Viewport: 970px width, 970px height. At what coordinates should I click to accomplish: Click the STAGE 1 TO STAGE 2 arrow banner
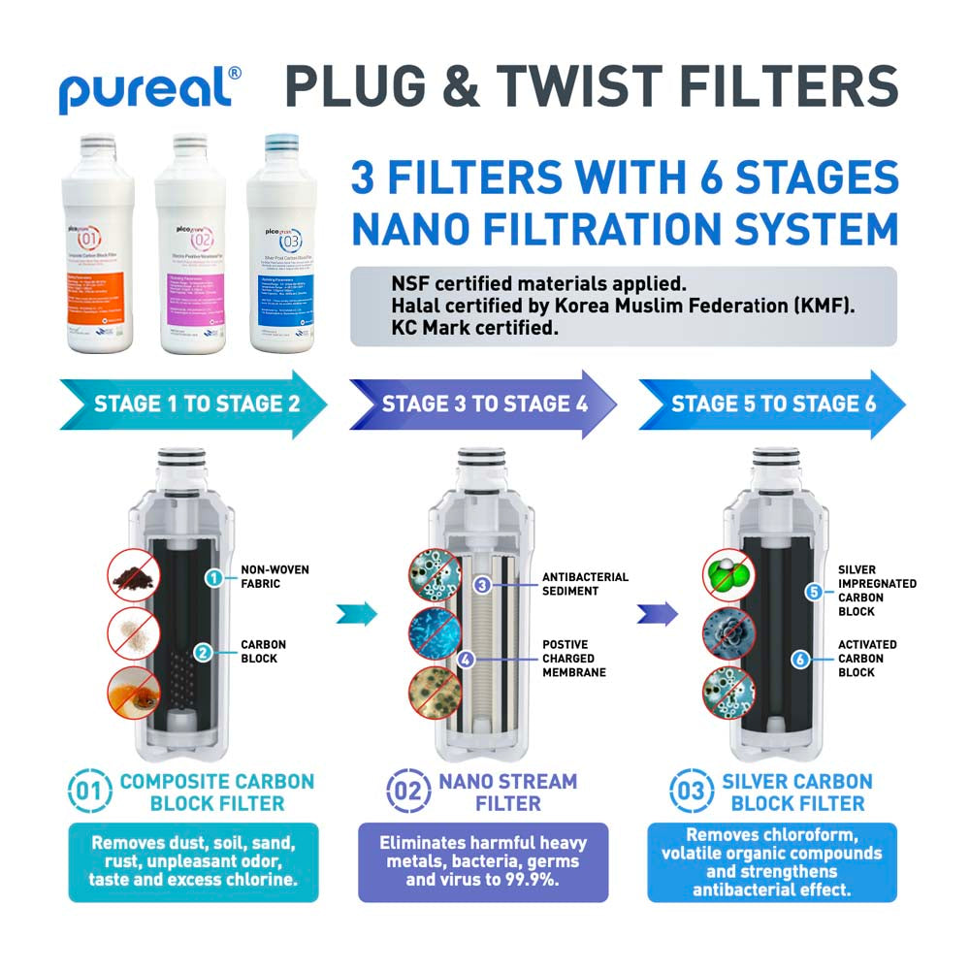pos(194,404)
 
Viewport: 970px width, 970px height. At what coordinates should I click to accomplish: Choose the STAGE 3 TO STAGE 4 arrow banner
pos(482,404)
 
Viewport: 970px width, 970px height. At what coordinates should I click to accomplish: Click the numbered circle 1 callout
pos(210,578)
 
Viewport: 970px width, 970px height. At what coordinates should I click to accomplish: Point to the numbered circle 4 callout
pos(466,659)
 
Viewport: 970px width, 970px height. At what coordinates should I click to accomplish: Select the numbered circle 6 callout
pos(799,659)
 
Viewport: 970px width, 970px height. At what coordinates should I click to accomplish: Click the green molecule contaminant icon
pos(728,576)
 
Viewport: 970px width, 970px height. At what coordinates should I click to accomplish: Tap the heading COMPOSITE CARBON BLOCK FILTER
pos(216,792)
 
